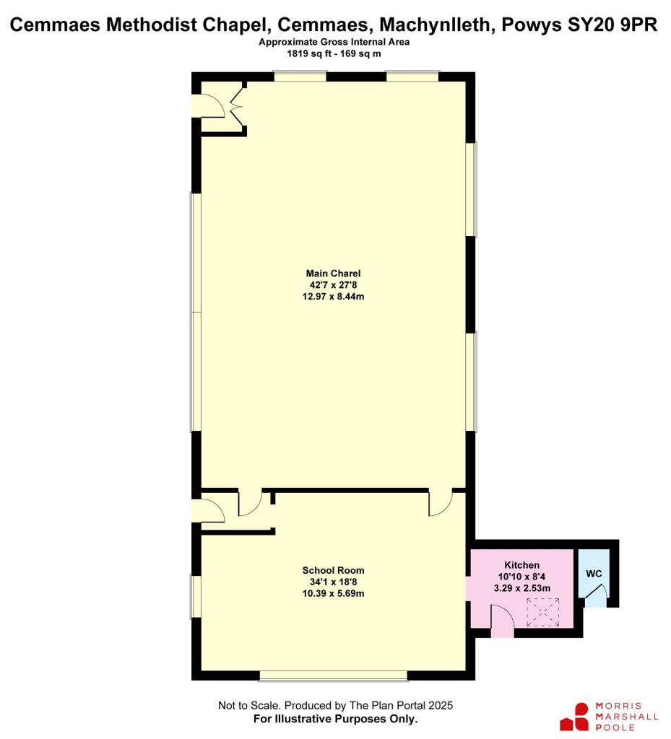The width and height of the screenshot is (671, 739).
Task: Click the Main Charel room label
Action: [x=333, y=274]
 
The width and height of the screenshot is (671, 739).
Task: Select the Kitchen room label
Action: [x=521, y=564]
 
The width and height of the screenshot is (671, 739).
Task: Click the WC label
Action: [x=593, y=574]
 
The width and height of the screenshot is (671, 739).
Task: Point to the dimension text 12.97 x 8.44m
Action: [x=333, y=297]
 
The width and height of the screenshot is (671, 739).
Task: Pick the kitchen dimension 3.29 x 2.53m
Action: [x=521, y=587]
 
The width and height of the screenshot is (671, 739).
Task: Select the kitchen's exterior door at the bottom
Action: [x=503, y=621]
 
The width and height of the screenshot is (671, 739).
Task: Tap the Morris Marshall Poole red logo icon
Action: [x=576, y=717]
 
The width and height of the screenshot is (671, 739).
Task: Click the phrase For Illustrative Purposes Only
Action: [x=335, y=720]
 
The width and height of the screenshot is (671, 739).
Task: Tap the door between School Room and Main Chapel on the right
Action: [x=439, y=504]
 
